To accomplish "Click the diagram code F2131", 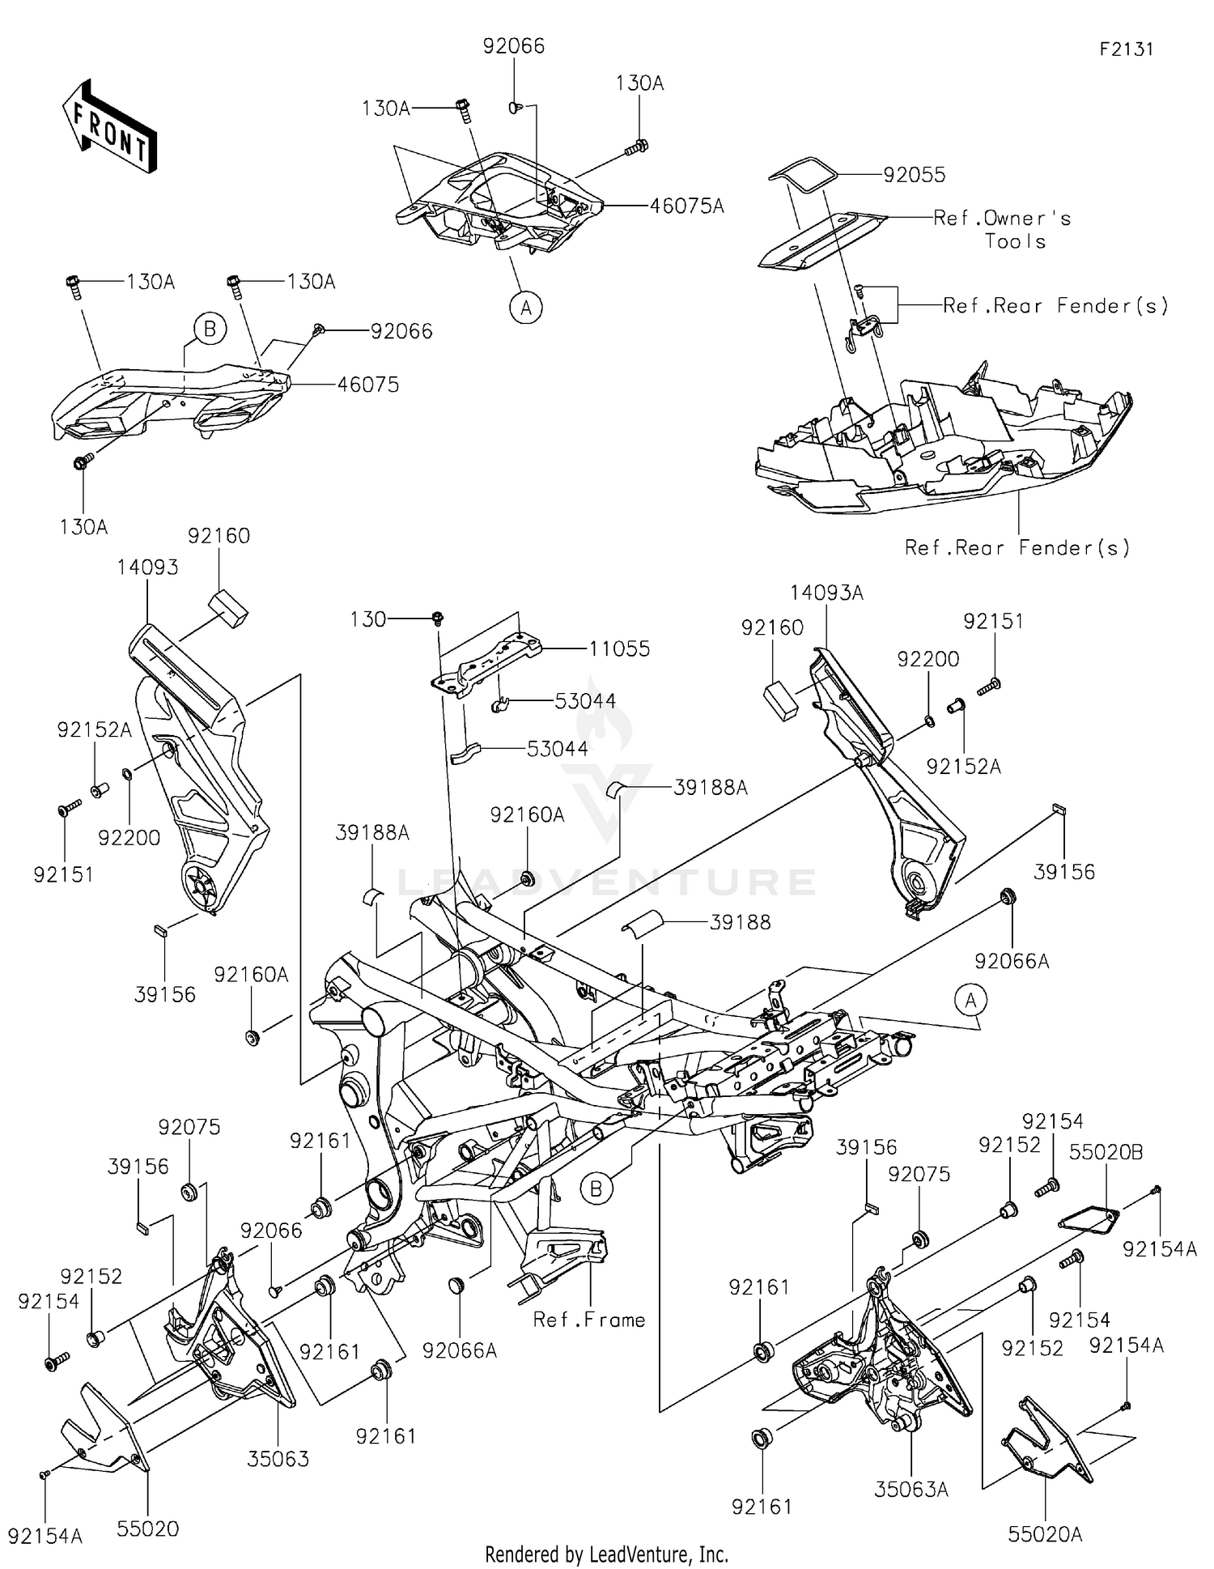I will pos(1126,49).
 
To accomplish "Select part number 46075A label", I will pos(686,206).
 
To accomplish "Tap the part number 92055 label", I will pos(914,175).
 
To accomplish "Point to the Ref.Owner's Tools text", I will pos(1002,229).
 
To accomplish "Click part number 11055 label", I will pos(619,648).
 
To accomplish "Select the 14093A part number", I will pos(826,593).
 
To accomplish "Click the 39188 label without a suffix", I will pos(740,921).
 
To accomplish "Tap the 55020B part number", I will pos(1106,1152).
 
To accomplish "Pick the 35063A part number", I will pos(911,1489).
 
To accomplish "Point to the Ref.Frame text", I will pos(589,1320).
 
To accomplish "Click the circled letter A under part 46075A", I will pos(526,308).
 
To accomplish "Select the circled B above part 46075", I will pos(210,329).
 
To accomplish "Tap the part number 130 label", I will pos(367,619).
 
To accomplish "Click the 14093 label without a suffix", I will pos(147,568).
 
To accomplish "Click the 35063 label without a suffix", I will pos(278,1459).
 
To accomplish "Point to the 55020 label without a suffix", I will pos(147,1529).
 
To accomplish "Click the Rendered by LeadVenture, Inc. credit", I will pos(606,1554).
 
